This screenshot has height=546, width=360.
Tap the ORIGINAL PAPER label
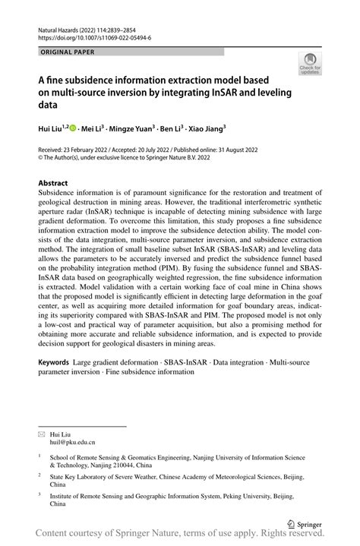coord(66,52)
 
